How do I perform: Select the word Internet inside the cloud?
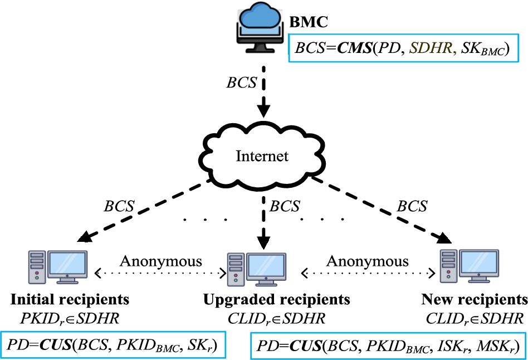(x=262, y=155)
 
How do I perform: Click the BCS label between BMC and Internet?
(x=242, y=82)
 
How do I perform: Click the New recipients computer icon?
(x=468, y=265)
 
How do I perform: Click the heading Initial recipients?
(x=70, y=300)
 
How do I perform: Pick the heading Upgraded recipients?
(x=276, y=300)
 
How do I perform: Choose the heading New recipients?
(x=474, y=300)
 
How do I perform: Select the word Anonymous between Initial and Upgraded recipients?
(x=161, y=261)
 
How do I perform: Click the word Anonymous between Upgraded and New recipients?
(x=367, y=261)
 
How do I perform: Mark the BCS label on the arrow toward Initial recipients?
(x=119, y=206)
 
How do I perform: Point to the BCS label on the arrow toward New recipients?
(x=412, y=206)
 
